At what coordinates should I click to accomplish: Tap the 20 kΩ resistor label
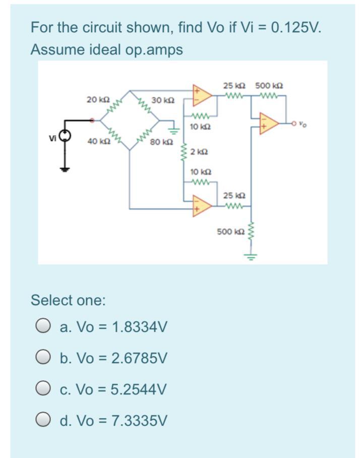coord(95,99)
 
